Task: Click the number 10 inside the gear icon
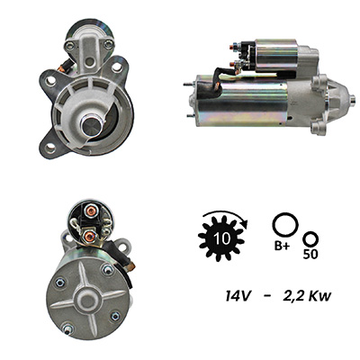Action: (222, 238)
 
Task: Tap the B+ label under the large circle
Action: (282, 246)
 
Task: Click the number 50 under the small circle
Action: (310, 254)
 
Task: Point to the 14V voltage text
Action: (238, 296)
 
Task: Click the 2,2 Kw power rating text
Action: (307, 296)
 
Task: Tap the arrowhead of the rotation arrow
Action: (245, 224)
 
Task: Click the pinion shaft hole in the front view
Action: (91, 125)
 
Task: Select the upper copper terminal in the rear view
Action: (90, 211)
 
